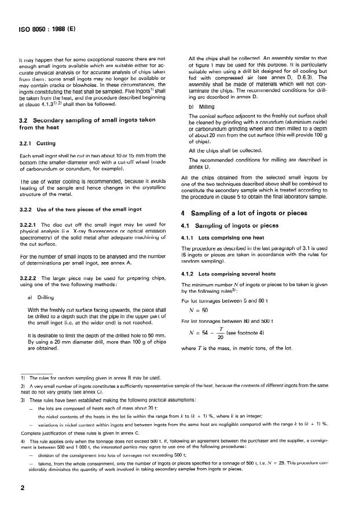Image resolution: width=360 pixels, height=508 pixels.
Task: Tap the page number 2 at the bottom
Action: (x=21, y=487)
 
